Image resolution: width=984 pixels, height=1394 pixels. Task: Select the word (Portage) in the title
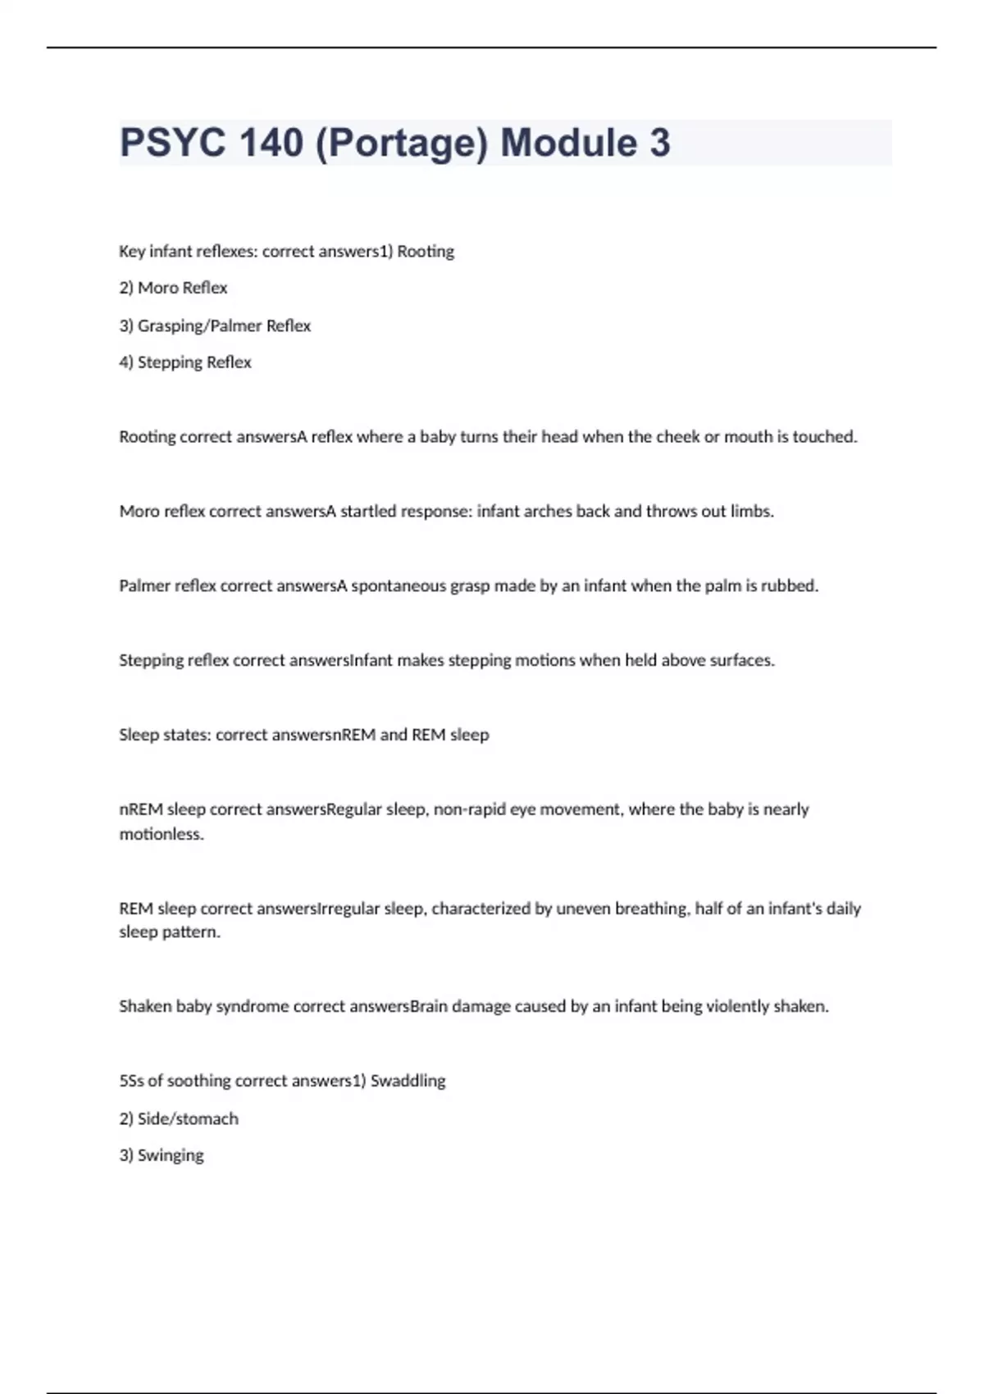(402, 143)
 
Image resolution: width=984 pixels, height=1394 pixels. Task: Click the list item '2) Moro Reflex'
(173, 288)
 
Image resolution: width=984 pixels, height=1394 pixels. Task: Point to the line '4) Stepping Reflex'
(185, 362)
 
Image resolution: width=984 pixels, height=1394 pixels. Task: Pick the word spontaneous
(399, 586)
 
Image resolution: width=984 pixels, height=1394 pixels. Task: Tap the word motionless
(162, 835)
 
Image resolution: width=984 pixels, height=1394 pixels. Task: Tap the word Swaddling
(408, 1081)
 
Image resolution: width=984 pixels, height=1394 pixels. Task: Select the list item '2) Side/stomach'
(179, 1118)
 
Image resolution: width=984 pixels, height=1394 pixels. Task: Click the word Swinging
(171, 1155)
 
